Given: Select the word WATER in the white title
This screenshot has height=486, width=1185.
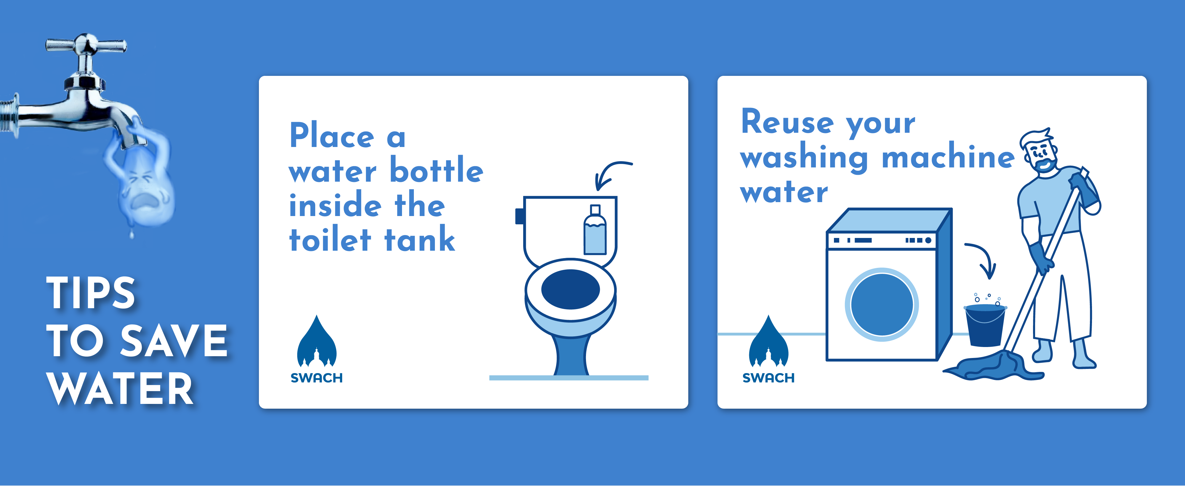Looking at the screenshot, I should pyautogui.click(x=121, y=389).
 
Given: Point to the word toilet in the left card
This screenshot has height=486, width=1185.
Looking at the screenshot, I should pyautogui.click(x=330, y=240).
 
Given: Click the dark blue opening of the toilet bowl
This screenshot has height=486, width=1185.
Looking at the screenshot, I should pyautogui.click(x=570, y=289).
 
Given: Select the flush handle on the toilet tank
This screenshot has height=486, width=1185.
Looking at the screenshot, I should pyautogui.click(x=519, y=216).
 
